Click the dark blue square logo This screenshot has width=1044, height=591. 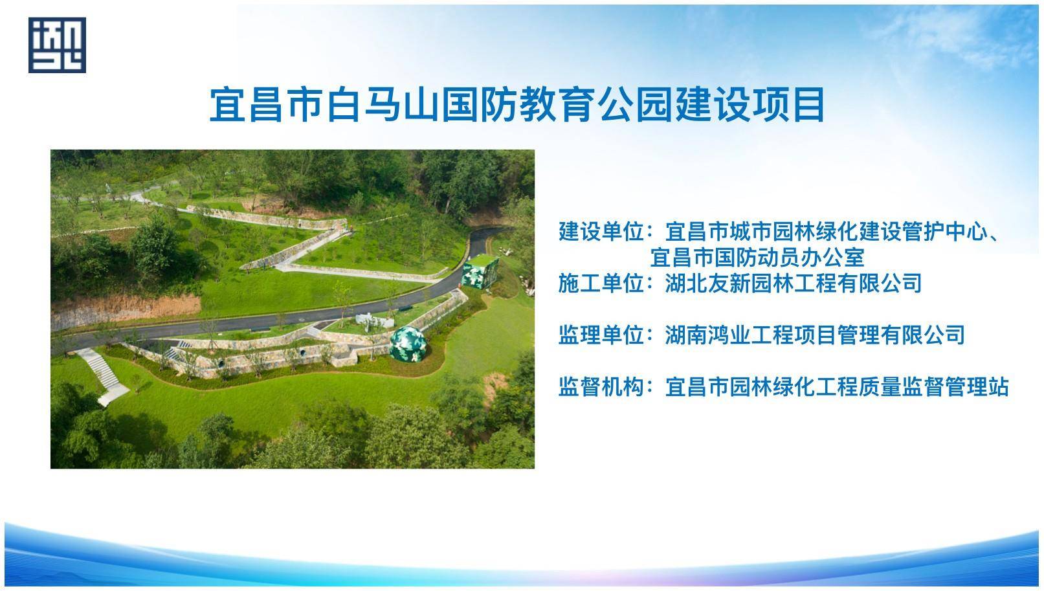click(57, 45)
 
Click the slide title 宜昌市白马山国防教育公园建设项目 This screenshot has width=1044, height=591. click(517, 104)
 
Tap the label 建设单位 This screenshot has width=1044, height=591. click(601, 232)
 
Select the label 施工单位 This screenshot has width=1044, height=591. click(601, 284)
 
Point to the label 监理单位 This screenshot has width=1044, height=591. click(601, 335)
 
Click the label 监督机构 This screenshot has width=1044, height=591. click(601, 387)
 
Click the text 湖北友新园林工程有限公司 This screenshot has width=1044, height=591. click(794, 284)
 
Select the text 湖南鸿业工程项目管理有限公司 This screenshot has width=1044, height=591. click(815, 335)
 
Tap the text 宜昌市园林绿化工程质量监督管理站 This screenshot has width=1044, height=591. click(837, 387)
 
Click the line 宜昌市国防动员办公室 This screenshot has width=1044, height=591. click(757, 257)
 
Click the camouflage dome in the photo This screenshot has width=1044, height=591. click(408, 344)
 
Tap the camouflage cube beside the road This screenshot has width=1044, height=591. click(480, 271)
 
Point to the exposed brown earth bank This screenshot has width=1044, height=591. click(126, 310)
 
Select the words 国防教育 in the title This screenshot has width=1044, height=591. click(517, 104)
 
